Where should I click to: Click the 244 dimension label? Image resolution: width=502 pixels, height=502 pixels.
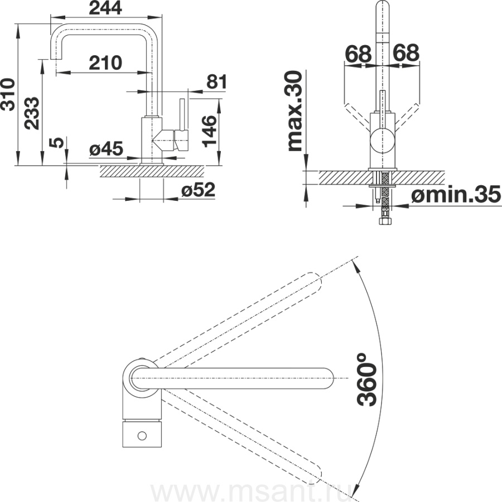pos(105,8)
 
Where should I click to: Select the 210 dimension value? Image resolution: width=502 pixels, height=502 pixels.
pos(105,62)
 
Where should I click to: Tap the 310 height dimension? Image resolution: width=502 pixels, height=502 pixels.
pos(8,94)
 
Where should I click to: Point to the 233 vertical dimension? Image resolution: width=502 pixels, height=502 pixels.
pos(32,113)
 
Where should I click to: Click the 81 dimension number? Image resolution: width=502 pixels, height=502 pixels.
pos(216,81)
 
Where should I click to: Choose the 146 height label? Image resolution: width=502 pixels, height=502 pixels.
pos(210,131)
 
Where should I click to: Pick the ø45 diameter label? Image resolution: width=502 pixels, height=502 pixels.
pos(106,149)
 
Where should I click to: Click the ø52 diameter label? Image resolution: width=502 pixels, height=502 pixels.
pos(198,191)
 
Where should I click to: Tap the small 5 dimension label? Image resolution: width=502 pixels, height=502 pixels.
pos(57,142)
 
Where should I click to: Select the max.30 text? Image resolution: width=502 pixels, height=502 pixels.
pos(295,111)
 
